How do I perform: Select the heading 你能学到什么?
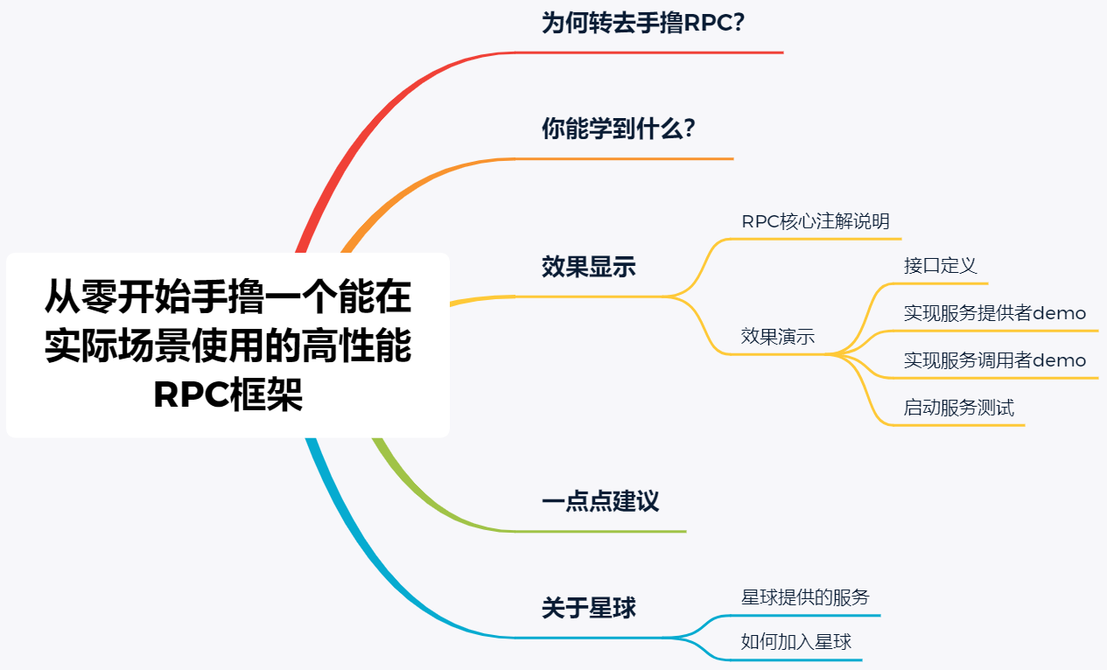(619, 129)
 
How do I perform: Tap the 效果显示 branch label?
(589, 268)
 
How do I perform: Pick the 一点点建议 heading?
(600, 502)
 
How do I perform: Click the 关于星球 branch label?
(589, 608)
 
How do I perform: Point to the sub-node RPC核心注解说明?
(816, 221)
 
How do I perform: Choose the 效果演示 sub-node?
(778, 337)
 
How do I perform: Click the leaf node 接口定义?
(940, 266)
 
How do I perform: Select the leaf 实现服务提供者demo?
(995, 313)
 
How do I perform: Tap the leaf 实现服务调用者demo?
(995, 360)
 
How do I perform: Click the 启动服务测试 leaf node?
(958, 408)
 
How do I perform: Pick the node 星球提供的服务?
(805, 597)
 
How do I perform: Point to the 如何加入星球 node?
(795, 642)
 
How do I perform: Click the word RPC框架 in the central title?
(228, 395)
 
